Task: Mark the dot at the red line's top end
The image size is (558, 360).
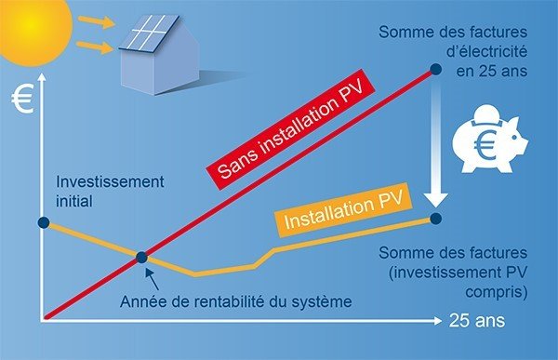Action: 434,69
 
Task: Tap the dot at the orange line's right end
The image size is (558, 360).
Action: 437,218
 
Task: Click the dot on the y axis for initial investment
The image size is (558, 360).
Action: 43,222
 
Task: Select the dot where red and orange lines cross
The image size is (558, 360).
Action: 141,258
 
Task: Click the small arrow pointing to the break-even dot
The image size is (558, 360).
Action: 150,275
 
